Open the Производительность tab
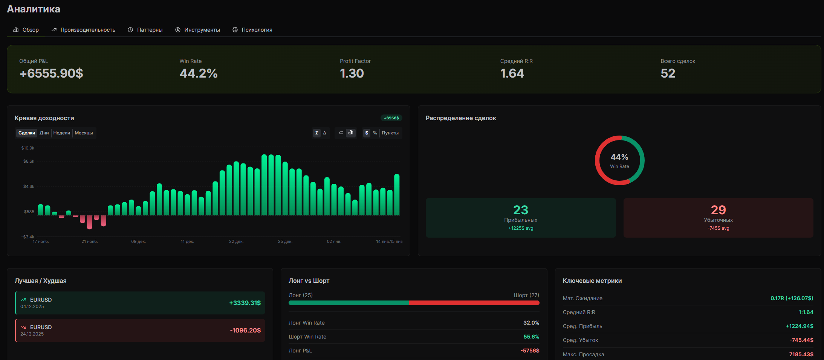click(x=83, y=30)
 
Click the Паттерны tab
click(x=145, y=30)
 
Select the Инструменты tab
click(x=197, y=30)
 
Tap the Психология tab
click(x=252, y=30)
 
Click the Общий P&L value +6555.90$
click(x=51, y=73)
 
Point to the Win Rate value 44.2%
click(x=199, y=73)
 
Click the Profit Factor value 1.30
click(x=352, y=73)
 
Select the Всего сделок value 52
click(x=668, y=73)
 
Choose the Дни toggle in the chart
click(x=44, y=133)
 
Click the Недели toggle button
click(x=62, y=133)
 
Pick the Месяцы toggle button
click(x=84, y=133)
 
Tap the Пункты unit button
click(x=390, y=133)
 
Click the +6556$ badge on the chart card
click(x=391, y=118)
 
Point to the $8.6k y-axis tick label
click(x=29, y=161)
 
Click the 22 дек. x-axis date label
click(x=236, y=241)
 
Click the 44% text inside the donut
click(x=619, y=157)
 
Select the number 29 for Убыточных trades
click(x=718, y=210)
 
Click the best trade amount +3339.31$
click(x=245, y=303)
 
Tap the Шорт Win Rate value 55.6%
click(x=531, y=337)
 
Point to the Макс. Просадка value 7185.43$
click(x=801, y=354)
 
